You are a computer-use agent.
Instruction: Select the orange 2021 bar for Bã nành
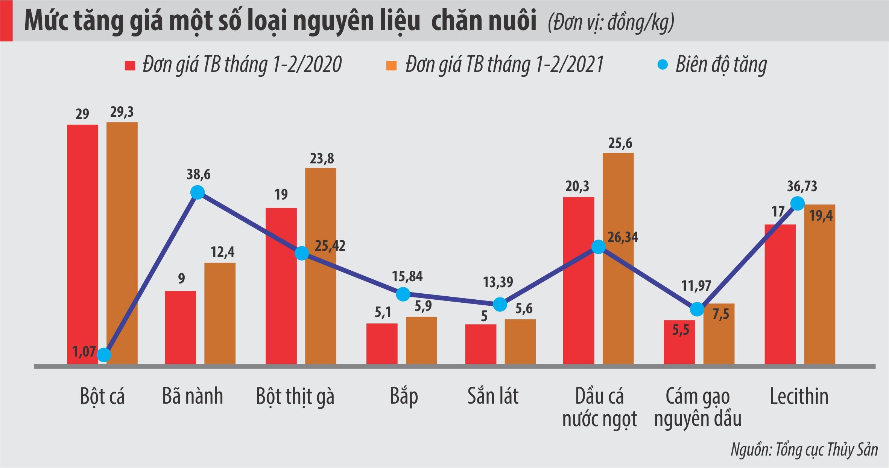pos(220,313)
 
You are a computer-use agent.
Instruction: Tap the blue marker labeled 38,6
pos(198,192)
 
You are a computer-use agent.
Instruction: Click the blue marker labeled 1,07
pos(104,355)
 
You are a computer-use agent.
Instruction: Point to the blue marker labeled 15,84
pos(403,294)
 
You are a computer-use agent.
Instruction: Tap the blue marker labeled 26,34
pos(598,247)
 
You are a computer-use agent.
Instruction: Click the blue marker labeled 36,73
pos(798,204)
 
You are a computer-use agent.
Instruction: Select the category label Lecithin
pos(799,396)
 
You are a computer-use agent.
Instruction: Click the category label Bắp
pos(404,396)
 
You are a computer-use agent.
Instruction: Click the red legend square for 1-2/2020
pos(130,66)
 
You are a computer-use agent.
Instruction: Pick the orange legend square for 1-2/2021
pos(392,66)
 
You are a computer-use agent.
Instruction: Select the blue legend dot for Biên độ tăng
pos(662,65)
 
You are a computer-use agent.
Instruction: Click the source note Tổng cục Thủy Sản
pos(804,450)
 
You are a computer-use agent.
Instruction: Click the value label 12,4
pos(222,252)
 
